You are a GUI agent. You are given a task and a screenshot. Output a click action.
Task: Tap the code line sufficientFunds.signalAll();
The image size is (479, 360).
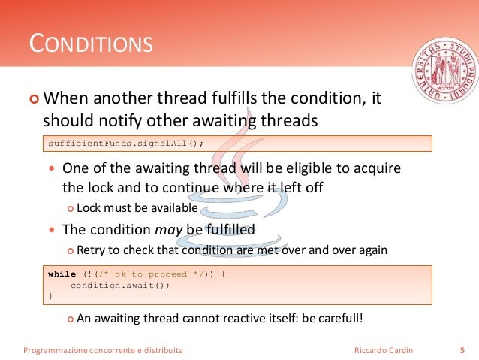pos(125,143)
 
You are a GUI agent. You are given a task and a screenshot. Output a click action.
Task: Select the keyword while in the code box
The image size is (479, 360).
pos(62,274)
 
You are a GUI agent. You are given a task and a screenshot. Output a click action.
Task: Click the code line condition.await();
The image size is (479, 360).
pos(120,285)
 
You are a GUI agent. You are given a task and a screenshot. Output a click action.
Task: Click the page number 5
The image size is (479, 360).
pos(461,350)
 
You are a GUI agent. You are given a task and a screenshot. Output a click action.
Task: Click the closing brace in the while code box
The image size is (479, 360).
pos(50,296)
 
